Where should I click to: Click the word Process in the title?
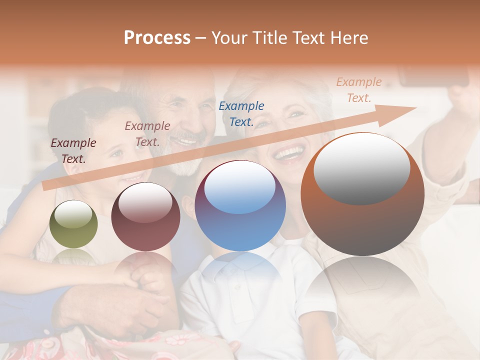pyautogui.click(x=157, y=38)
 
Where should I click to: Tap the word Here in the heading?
pyautogui.click(x=348, y=38)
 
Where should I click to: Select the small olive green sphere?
pyautogui.click(x=73, y=224)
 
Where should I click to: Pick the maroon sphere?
pyautogui.click(x=145, y=217)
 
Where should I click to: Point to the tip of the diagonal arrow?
pyautogui.click(x=415, y=108)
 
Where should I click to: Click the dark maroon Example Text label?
pyautogui.click(x=73, y=150)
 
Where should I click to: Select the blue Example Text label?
pyautogui.click(x=241, y=113)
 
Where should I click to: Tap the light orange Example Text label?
pyautogui.click(x=359, y=89)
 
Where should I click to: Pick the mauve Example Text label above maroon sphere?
pyautogui.click(x=147, y=133)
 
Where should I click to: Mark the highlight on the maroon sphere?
pyautogui.click(x=145, y=202)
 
